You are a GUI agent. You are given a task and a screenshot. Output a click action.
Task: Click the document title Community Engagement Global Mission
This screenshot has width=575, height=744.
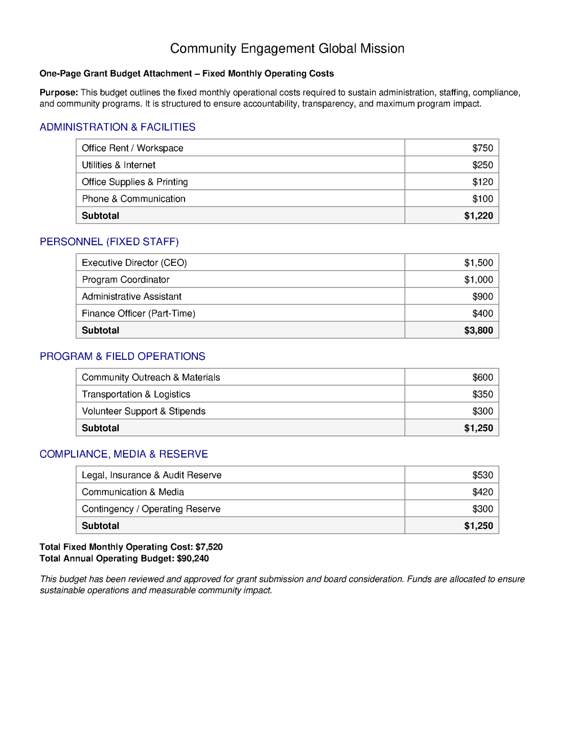[287, 48]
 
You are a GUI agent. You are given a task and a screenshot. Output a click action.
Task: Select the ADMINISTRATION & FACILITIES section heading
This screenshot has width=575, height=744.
[117, 127]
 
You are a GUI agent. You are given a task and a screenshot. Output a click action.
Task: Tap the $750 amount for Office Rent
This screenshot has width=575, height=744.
[483, 148]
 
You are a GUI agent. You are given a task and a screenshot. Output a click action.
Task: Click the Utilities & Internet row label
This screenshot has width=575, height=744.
[118, 165]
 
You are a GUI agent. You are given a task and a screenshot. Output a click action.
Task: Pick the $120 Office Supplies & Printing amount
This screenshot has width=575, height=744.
[483, 182]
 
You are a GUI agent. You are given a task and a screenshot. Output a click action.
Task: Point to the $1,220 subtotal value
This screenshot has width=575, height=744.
[478, 216]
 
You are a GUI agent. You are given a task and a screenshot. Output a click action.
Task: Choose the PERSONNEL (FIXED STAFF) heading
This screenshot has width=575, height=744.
[109, 241]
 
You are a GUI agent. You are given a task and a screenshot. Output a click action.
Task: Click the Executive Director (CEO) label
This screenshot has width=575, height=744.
[134, 263]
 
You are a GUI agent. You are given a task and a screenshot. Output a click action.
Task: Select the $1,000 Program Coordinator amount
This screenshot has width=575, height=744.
[478, 280]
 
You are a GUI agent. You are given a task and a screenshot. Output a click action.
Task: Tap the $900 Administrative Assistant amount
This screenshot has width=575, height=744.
[483, 297]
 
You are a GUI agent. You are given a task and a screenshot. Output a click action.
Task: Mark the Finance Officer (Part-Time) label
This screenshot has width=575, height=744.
[138, 313]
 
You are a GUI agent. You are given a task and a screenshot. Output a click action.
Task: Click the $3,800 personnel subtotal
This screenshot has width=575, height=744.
[478, 330]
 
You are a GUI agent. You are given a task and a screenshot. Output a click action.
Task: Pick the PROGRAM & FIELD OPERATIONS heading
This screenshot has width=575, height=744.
[122, 356]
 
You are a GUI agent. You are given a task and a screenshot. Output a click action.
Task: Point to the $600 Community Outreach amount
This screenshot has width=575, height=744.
[483, 378]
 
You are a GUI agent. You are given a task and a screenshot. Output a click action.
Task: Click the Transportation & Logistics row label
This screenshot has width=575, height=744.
[136, 394]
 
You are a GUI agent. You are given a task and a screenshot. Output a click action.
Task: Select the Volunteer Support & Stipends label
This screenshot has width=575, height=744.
[143, 411]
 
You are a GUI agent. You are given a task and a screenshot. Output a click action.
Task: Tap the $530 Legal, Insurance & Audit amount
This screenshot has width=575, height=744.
[483, 475]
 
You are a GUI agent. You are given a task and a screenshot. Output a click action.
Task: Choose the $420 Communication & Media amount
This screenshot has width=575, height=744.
[483, 492]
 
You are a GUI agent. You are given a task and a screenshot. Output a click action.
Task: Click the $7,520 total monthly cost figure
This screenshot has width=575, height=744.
[209, 547]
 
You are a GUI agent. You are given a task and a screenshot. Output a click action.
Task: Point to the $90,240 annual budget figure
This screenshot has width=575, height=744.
[193, 559]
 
